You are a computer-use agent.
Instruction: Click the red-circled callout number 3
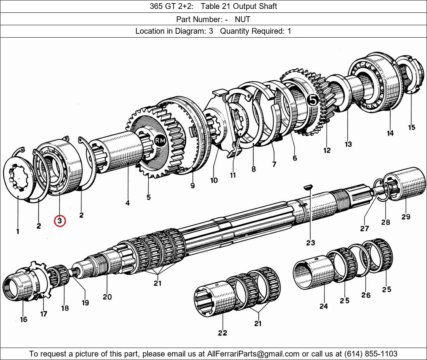click(59, 221)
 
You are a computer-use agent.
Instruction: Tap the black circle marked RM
click(160, 141)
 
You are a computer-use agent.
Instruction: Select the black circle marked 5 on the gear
click(313, 100)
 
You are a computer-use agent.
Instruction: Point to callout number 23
click(310, 242)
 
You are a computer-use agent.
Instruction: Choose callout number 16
click(23, 319)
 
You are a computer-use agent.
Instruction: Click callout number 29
click(406, 216)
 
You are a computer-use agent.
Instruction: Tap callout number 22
click(222, 332)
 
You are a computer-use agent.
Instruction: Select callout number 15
click(411, 127)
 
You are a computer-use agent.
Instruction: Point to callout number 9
click(193, 185)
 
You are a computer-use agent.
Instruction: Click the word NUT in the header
click(242, 19)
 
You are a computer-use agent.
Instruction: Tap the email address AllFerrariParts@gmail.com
click(253, 354)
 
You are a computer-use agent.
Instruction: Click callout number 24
click(324, 306)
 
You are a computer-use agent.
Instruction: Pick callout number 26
click(366, 295)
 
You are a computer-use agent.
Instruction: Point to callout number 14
click(390, 133)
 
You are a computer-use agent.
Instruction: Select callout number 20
click(107, 297)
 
